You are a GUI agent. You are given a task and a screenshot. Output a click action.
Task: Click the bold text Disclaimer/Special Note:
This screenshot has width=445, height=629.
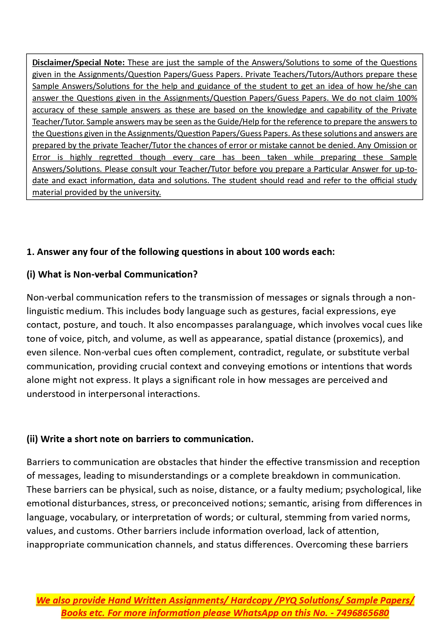[x=78, y=62]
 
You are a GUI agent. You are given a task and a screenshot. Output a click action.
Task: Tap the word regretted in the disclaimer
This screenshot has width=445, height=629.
[x=115, y=157]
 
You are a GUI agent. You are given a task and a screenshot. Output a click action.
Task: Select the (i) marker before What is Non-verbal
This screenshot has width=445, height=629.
[x=31, y=274]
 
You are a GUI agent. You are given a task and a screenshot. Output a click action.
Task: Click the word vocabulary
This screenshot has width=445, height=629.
[x=93, y=517]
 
